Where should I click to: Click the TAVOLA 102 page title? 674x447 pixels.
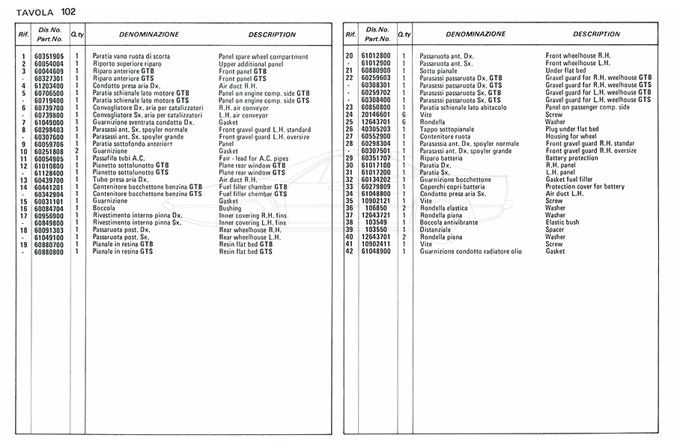coord(47,11)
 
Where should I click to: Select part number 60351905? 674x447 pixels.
coord(49,57)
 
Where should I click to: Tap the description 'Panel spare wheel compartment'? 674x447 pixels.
coord(263,57)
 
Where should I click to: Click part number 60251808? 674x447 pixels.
coord(49,151)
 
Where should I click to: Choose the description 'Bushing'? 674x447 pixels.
coord(230,209)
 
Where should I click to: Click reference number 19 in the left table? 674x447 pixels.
coord(23,245)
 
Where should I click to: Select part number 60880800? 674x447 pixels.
coord(49,252)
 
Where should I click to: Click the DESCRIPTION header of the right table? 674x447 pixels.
coord(596,34)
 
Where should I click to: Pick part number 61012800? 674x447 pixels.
coord(376,57)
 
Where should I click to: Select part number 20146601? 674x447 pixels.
coord(376,115)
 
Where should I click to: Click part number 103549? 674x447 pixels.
coord(376,222)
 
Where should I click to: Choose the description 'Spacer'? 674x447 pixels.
coord(555,230)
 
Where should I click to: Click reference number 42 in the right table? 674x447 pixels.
coord(349,252)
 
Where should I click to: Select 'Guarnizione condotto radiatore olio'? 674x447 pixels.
coord(471,252)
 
